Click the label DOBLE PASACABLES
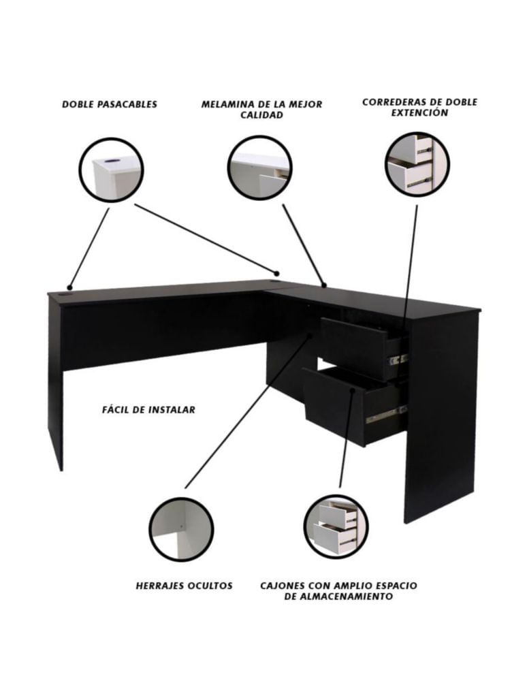[110, 105]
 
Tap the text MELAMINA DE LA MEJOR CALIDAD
[261, 110]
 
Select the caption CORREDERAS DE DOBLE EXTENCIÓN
[419, 108]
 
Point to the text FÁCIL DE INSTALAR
[148, 409]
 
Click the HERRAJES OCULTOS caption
[184, 586]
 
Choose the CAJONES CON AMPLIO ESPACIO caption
[338, 586]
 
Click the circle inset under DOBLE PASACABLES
[111, 170]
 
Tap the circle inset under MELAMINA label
[259, 168]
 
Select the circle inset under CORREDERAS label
[417, 165]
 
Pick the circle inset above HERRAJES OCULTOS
[182, 529]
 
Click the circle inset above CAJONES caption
[336, 527]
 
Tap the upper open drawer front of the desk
[353, 348]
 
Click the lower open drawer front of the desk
[334, 406]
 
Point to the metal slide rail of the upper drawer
[398, 360]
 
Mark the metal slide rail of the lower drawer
[386, 415]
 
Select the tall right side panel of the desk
[441, 417]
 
